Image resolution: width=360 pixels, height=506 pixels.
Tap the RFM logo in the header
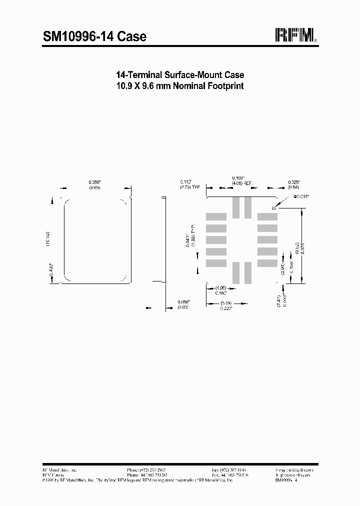pyautogui.click(x=295, y=35)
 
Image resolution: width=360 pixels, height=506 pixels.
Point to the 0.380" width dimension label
pyautogui.click(x=94, y=182)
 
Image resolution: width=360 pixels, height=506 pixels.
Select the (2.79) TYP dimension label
pyautogui.click(x=190, y=187)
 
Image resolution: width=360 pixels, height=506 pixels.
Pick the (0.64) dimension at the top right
pyautogui.click(x=293, y=187)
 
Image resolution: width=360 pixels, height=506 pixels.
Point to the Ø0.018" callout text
pyautogui.click(x=301, y=196)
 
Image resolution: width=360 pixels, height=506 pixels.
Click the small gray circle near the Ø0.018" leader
pyautogui.click(x=273, y=207)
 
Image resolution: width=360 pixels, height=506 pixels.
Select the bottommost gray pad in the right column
pyautogui.click(x=267, y=263)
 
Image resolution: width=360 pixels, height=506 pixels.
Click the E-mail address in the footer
pyautogui.click(x=294, y=470)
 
